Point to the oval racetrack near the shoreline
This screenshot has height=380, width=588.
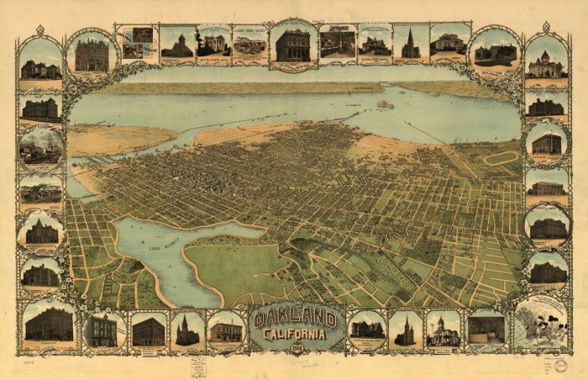click(501, 157)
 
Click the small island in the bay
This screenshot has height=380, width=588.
click(385, 105)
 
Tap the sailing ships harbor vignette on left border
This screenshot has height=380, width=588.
click(40, 145)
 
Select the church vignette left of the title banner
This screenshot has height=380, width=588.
click(187, 330)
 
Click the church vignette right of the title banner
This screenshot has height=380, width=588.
click(405, 330)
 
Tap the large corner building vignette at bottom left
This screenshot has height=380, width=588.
click(48, 324)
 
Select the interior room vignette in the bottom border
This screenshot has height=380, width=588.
click(486, 329)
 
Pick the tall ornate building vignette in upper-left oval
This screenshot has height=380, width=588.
click(92, 55)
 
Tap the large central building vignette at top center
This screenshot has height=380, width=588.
click(293, 45)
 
